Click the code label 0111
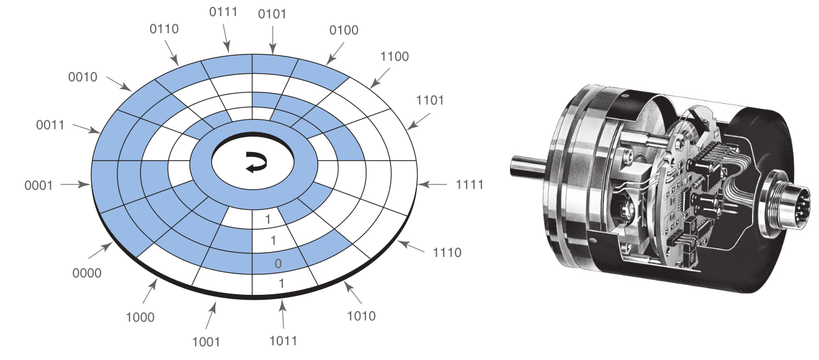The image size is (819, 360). click(x=223, y=12)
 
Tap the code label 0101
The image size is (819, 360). click(x=272, y=14)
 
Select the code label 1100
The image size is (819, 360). click(x=395, y=56)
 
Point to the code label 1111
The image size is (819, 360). click(x=470, y=185)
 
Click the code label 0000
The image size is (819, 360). click(x=87, y=273)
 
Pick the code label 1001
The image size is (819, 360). click(x=206, y=343)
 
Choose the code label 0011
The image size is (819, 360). click(x=50, y=125)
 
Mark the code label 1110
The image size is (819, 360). click(x=447, y=253)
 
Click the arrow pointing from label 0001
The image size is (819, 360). click(x=75, y=184)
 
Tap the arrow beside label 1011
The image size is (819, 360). click(x=282, y=314)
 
